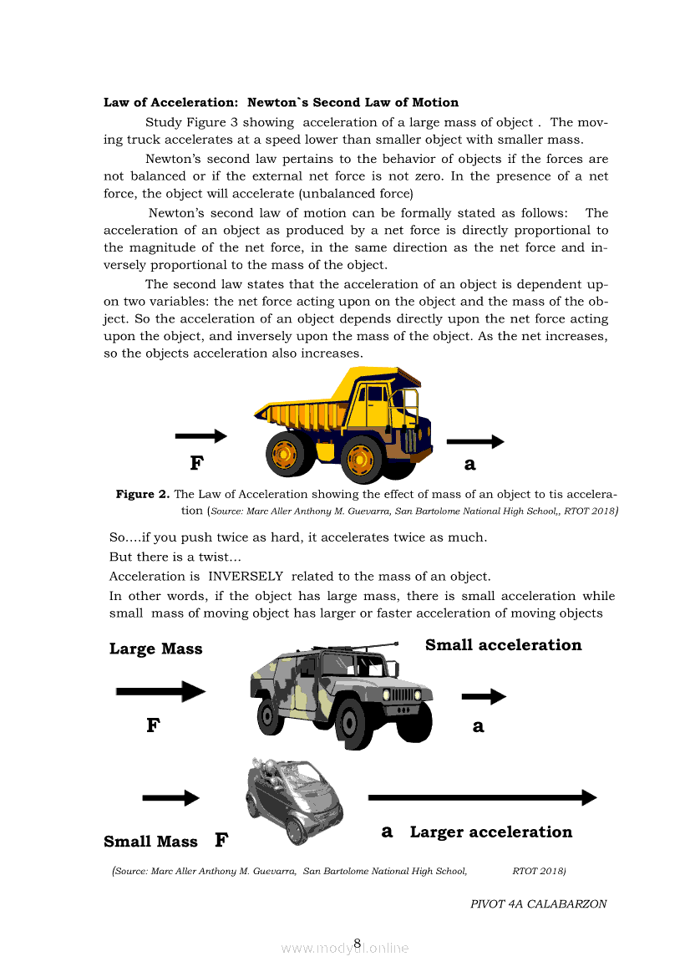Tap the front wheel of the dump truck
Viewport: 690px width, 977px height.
(361, 459)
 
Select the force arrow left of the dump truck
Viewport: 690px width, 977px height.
(200, 436)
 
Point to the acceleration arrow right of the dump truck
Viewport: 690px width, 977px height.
(474, 441)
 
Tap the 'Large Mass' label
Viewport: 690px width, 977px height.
(156, 649)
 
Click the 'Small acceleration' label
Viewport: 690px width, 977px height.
(503, 645)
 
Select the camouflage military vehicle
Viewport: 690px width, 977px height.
(342, 693)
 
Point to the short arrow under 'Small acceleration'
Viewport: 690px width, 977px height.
(484, 696)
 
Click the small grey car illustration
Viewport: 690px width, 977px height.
(295, 800)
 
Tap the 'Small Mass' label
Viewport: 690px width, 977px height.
(151, 842)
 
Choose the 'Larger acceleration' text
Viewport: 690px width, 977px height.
(491, 832)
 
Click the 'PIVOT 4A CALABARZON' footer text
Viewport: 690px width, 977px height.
(538, 903)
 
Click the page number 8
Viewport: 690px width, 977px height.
(357, 944)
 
